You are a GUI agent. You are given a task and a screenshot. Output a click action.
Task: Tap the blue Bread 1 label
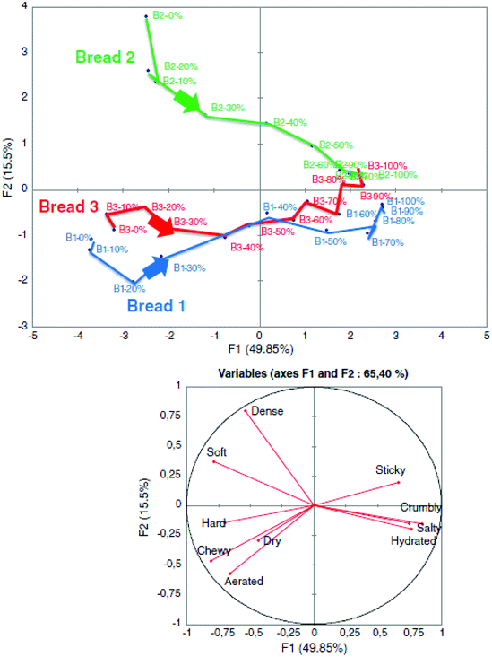tap(157, 305)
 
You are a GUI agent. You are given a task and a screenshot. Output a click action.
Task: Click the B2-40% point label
tap(289, 122)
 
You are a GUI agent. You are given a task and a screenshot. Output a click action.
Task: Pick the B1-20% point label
tap(129, 289)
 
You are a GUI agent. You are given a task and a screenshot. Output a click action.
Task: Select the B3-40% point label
tap(247, 247)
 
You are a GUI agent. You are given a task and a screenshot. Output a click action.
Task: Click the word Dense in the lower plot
tap(266, 411)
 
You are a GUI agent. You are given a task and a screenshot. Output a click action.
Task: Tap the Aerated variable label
tap(244, 582)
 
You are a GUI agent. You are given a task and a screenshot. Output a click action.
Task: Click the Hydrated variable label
tap(413, 541)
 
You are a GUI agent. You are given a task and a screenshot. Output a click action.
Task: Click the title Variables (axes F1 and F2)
tap(311, 372)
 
